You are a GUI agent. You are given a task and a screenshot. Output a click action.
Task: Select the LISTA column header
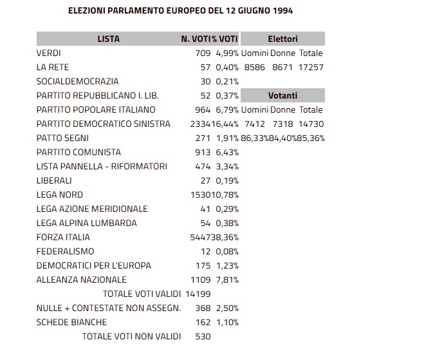click(x=108, y=39)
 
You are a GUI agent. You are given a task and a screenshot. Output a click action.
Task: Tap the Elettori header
click(x=282, y=39)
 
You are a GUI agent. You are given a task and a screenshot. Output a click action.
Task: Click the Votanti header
click(x=282, y=95)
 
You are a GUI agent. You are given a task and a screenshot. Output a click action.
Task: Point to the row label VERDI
click(x=49, y=53)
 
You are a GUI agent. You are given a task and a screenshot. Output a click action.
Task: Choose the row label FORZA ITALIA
click(x=62, y=237)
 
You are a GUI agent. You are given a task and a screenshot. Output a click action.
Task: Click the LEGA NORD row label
click(x=60, y=194)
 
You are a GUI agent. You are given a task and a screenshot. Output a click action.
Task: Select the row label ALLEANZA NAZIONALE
click(x=82, y=279)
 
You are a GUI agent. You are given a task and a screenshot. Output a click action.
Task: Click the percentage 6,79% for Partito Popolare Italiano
click(x=227, y=109)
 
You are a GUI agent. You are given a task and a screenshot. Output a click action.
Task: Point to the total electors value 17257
click(x=311, y=67)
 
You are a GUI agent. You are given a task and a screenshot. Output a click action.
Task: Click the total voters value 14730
click(x=311, y=124)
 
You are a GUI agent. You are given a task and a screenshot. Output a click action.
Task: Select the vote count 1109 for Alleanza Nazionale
click(x=201, y=279)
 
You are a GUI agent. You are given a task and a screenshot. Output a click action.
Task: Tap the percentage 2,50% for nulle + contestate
click(x=227, y=308)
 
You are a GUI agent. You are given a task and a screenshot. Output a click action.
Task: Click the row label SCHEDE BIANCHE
click(x=71, y=322)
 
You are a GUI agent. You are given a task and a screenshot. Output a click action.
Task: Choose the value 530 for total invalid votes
click(x=203, y=336)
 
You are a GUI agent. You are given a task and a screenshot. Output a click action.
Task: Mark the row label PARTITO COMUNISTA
click(x=79, y=152)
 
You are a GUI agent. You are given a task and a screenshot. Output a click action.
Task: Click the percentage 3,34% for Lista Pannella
click(x=227, y=166)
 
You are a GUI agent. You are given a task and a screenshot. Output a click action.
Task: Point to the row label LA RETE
click(x=53, y=67)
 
